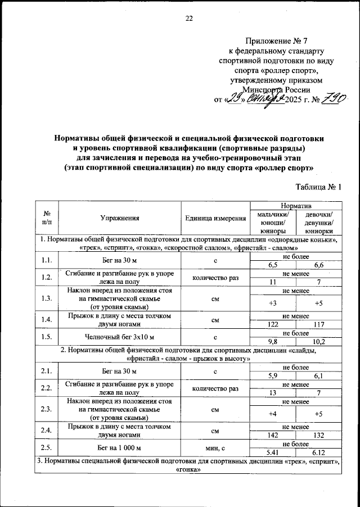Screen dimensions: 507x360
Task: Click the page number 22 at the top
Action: coord(189,18)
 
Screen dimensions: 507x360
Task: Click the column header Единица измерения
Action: coord(215,218)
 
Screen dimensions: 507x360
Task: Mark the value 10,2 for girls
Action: coord(318,341)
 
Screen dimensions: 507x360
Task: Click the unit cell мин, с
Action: coord(215,448)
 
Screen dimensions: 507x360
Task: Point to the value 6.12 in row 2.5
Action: coord(318,452)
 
